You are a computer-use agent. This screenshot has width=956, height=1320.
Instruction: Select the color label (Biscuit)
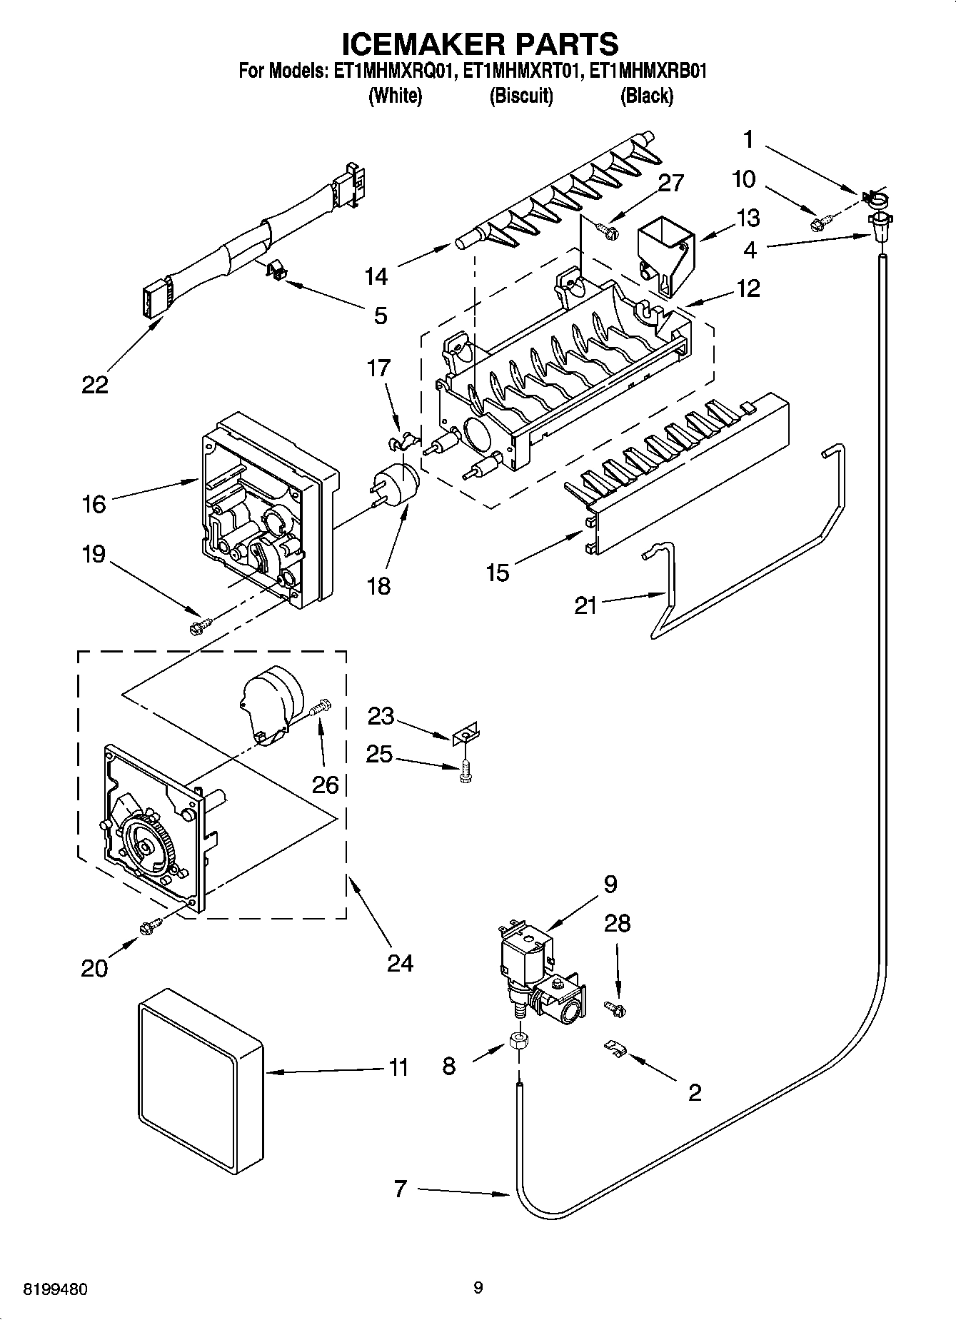coord(520,96)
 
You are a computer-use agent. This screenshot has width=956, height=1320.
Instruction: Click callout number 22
coord(95,385)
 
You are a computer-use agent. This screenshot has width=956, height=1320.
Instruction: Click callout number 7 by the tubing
coord(400,1189)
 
